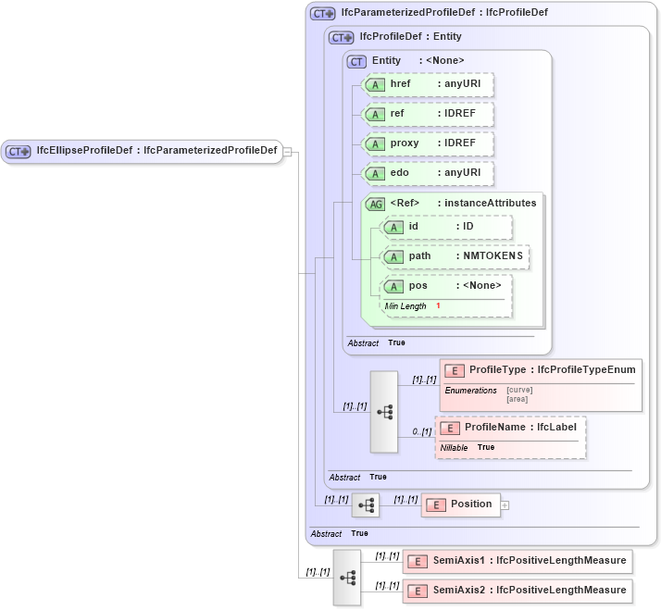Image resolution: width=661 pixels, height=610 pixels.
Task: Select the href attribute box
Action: pos(427,84)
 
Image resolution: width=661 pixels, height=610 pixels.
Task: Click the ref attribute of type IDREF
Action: pos(427,114)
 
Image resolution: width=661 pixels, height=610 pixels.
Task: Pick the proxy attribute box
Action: pos(427,143)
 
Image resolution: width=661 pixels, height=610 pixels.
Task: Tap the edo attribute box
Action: pos(427,173)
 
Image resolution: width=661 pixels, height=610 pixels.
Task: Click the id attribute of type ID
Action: pos(446,227)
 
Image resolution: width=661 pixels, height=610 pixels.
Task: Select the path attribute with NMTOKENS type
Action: pos(455,256)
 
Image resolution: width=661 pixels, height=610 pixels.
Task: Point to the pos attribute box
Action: pos(446,286)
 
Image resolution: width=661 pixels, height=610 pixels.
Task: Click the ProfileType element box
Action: pos(540,370)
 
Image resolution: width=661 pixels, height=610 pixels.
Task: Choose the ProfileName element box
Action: pos(510,428)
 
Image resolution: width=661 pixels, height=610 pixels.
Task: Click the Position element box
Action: pos(460,504)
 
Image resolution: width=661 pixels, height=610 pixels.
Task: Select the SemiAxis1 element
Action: pos(518,561)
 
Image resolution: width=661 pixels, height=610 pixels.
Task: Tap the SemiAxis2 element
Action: pos(518,591)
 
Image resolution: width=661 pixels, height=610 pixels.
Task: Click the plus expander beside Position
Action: pos(505,505)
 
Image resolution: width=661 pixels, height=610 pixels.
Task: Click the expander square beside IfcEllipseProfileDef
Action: pos(288,152)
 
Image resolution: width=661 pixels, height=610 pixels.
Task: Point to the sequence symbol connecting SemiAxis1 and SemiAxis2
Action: pos(347,577)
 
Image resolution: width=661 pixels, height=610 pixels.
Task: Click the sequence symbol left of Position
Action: pos(366,504)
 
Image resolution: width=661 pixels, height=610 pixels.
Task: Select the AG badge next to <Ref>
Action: pos(376,204)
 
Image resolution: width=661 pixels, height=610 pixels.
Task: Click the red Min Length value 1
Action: pos(438,306)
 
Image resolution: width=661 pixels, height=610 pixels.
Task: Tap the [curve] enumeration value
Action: pos(519,390)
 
